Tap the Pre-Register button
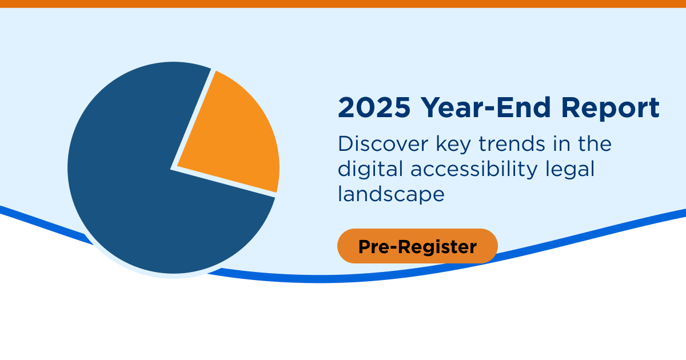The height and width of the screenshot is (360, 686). (417, 246)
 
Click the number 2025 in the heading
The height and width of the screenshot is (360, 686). (373, 108)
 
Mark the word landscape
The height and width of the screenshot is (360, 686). (391, 195)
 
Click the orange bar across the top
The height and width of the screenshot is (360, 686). (343, 3)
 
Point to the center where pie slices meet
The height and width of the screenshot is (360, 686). (173, 169)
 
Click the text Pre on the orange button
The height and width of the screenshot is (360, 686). (373, 246)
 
